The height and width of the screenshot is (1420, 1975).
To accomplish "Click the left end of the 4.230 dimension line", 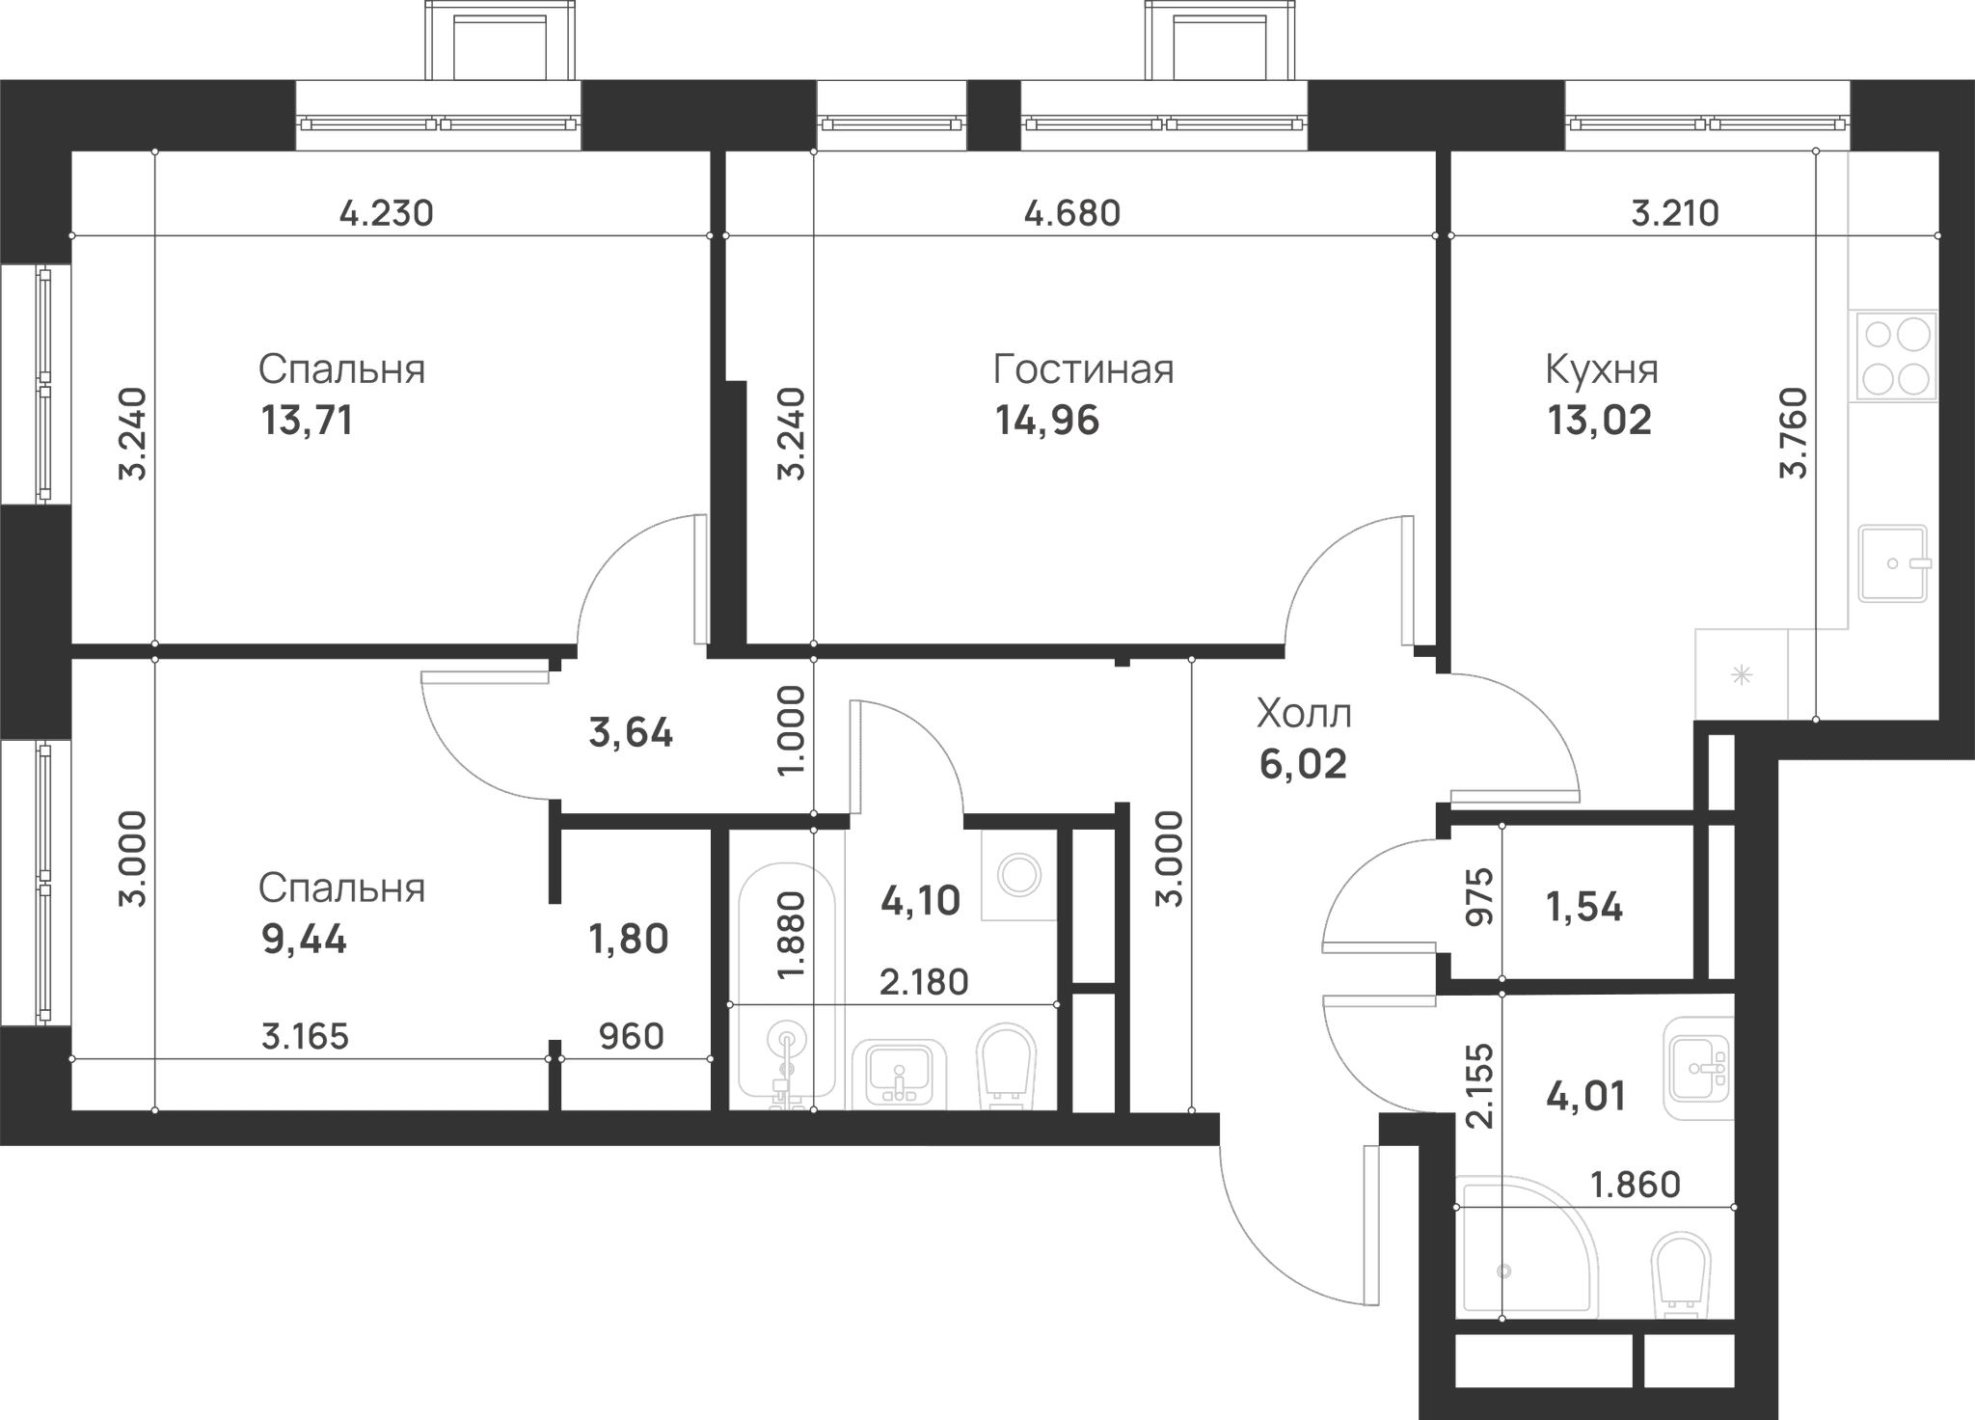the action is pyautogui.click(x=72, y=235).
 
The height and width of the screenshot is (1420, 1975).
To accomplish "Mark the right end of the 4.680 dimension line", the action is pyautogui.click(x=1436, y=235).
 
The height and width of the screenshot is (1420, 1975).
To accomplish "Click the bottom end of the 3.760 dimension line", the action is pyautogui.click(x=1816, y=720).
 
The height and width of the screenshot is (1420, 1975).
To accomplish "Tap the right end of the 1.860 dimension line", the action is pyautogui.click(x=1734, y=1207).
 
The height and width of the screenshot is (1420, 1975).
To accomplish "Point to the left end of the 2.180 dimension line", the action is pyautogui.click(x=730, y=1004).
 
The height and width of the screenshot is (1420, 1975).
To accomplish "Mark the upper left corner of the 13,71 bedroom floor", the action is pyautogui.click(x=72, y=151).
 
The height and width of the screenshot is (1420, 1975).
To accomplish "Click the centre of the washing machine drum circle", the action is pyautogui.click(x=1019, y=874).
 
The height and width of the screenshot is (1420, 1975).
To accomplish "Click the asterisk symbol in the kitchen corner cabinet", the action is pyautogui.click(x=1742, y=675).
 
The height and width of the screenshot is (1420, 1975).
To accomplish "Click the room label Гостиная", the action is pyautogui.click(x=1084, y=369).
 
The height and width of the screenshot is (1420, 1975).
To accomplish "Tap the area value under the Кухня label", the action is pyautogui.click(x=1600, y=421).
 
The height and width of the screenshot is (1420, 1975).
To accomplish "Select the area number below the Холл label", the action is pyautogui.click(x=1303, y=764).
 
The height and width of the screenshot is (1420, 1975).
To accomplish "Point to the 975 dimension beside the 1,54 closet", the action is pyautogui.click(x=1478, y=897).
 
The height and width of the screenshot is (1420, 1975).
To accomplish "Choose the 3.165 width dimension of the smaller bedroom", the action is pyautogui.click(x=305, y=1037).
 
